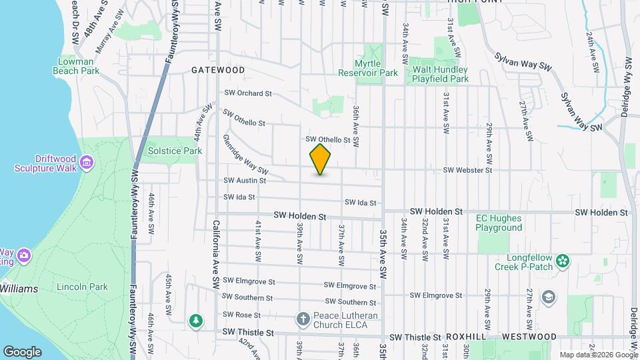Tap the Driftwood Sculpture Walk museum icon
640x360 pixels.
[x=86, y=163]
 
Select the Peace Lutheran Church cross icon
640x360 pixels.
[x=302, y=319]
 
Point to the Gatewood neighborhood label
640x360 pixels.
[x=218, y=69]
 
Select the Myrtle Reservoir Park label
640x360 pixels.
[x=367, y=68]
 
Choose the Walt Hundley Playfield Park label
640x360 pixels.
[x=440, y=73]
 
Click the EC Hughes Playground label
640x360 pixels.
[x=499, y=223]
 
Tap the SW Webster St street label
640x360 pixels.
[x=467, y=171]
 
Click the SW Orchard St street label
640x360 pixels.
[x=248, y=93]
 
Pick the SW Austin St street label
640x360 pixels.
[x=245, y=180]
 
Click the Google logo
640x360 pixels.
[x=23, y=351]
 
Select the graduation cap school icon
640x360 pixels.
[x=548, y=297]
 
